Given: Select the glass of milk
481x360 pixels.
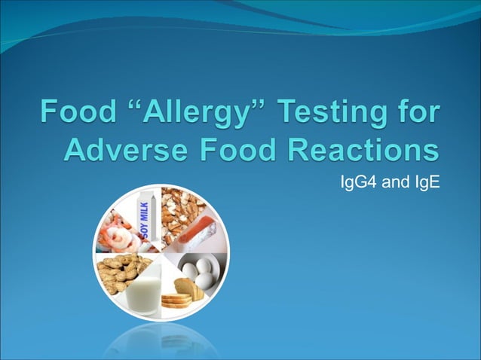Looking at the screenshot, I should point(143,294).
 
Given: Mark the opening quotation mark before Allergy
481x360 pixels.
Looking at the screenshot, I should point(127,108).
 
